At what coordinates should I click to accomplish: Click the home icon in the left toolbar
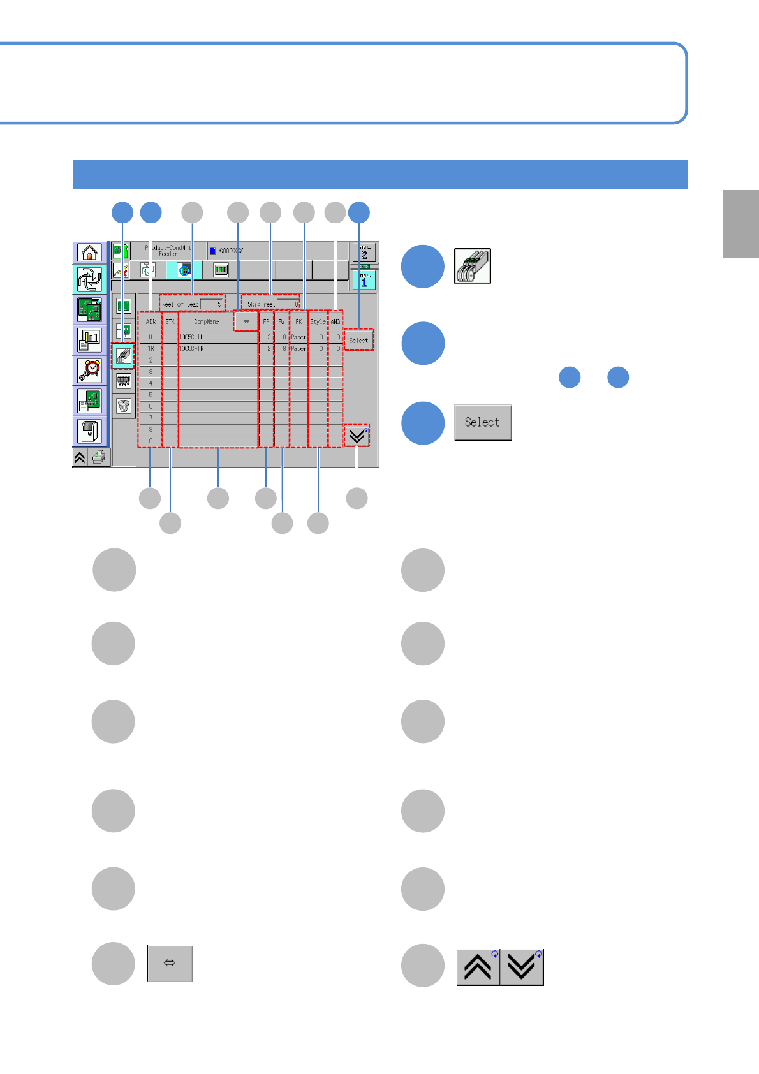[89, 253]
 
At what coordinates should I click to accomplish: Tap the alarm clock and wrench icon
[89, 370]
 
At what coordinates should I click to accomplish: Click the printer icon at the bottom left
[98, 457]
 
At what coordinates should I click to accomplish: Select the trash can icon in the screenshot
[124, 406]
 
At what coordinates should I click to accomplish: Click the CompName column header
[206, 322]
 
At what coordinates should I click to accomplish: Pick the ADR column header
[151, 322]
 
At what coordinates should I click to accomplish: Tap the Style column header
[318, 322]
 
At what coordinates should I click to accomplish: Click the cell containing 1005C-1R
[217, 349]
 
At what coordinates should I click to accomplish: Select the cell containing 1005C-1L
[217, 337]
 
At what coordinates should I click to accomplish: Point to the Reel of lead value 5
[212, 304]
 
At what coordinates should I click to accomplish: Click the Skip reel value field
[288, 304]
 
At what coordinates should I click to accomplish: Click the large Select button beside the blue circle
[483, 422]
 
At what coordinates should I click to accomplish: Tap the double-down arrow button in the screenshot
[357, 436]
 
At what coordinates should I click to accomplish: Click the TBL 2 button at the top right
[364, 253]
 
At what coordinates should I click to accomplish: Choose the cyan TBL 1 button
[364, 280]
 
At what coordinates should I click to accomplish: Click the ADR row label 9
[151, 441]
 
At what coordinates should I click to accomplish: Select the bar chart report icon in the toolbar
[89, 341]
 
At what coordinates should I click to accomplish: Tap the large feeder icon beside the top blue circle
[473, 266]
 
